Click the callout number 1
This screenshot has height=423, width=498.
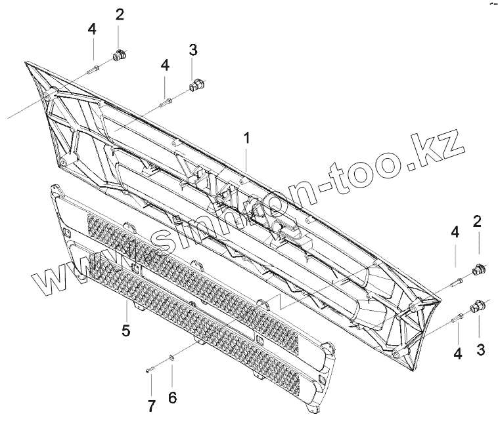click(246, 138)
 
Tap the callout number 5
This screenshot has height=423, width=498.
click(125, 331)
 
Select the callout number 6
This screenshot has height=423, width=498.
click(172, 397)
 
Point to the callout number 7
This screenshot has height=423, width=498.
click(151, 406)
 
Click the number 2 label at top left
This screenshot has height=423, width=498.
click(120, 15)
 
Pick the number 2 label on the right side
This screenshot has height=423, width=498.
click(478, 220)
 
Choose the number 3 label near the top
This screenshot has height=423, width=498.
click(192, 50)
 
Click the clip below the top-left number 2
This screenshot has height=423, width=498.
click(120, 56)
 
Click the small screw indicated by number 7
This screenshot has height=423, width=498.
click(150, 371)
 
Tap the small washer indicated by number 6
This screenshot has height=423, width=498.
click(170, 357)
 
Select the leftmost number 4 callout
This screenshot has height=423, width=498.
click(92, 29)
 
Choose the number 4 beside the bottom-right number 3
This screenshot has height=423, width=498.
click(457, 353)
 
